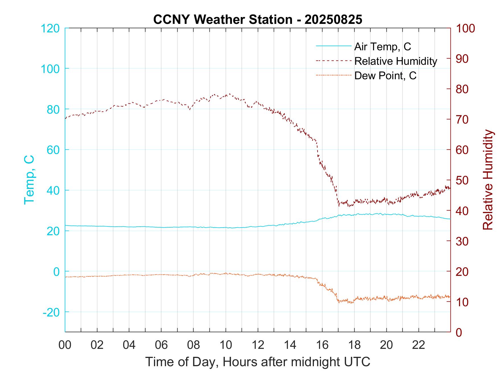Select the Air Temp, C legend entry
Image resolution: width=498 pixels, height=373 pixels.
coord(382,46)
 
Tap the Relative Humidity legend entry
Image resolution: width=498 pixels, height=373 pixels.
coord(395,61)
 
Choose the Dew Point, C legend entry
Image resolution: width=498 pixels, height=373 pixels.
coord(385,76)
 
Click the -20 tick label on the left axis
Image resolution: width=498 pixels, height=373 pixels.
coord(51,312)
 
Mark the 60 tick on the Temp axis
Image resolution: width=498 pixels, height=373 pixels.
coord(53,150)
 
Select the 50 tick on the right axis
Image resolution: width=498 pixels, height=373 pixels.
coord(462,180)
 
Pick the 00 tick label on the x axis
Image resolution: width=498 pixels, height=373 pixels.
coord(65,345)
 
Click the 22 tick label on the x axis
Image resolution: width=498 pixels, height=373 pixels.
coord(419,345)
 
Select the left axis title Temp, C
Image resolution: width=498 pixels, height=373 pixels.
coord(29,180)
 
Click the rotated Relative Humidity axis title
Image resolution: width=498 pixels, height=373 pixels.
coord(488,180)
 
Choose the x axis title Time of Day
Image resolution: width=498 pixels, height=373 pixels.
coord(258,362)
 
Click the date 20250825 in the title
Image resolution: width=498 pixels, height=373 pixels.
coord(333,20)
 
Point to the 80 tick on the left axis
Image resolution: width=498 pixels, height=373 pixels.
coord(53,109)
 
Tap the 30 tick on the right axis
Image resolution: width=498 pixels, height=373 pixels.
coord(462,241)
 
